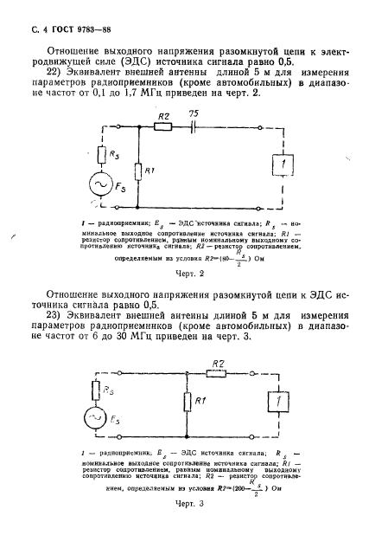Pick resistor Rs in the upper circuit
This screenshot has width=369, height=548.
[x=103, y=157]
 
